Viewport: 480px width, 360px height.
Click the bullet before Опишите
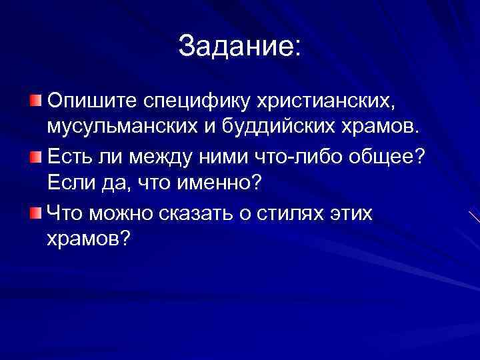click(35, 101)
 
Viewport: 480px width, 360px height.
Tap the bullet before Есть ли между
click(35, 157)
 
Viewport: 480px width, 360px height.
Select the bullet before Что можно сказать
click(35, 213)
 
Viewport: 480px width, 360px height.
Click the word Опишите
click(89, 101)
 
